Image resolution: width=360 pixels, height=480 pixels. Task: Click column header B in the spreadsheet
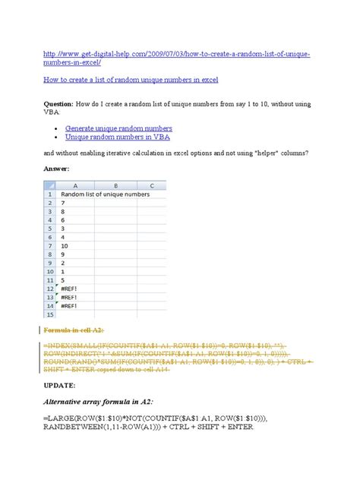[115, 185]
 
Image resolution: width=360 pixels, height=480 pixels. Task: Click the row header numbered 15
[51, 313]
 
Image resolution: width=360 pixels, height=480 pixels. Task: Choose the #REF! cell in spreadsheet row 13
[71, 298]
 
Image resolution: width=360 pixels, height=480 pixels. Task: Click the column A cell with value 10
[65, 245]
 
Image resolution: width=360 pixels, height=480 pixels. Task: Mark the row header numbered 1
[51, 194]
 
